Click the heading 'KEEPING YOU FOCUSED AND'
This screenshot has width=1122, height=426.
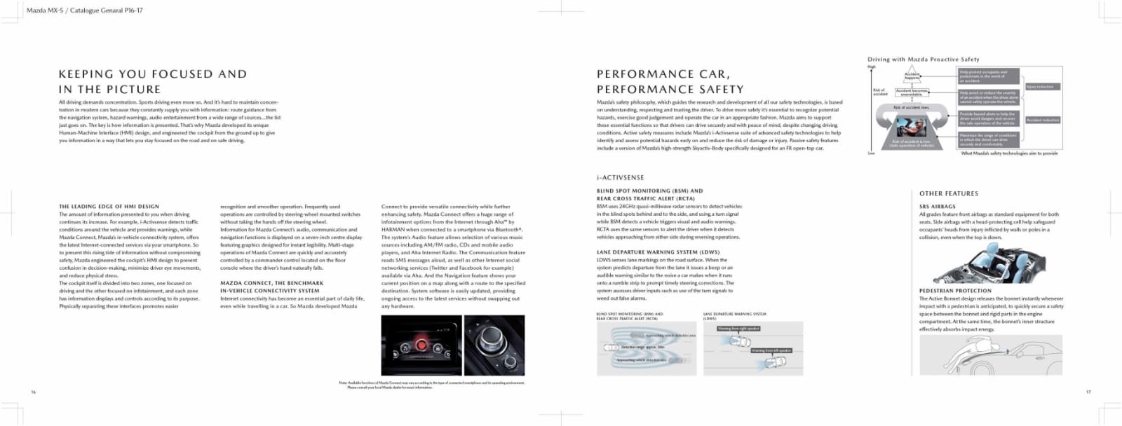coord(153,74)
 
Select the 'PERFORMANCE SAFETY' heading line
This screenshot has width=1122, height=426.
coord(670,90)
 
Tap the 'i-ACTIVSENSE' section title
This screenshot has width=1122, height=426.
coord(620,178)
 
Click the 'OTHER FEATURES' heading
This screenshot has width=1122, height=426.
coord(948,193)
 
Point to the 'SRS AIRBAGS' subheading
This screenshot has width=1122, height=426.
coord(937,207)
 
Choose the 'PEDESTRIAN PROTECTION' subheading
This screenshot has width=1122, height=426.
coord(955,291)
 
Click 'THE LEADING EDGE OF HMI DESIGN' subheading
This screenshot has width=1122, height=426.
coord(109,207)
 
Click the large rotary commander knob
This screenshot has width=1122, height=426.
coord(488,341)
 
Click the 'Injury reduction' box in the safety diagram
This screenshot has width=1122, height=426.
coord(1042,87)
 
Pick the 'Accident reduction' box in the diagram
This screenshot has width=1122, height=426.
coord(1043,121)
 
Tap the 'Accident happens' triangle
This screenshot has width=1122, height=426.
coord(912,75)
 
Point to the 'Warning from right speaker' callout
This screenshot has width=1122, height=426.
coord(738,329)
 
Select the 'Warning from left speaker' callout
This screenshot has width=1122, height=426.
coord(771,350)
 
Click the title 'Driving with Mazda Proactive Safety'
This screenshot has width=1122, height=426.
coord(923,60)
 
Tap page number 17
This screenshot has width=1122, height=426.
coord(1088,392)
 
